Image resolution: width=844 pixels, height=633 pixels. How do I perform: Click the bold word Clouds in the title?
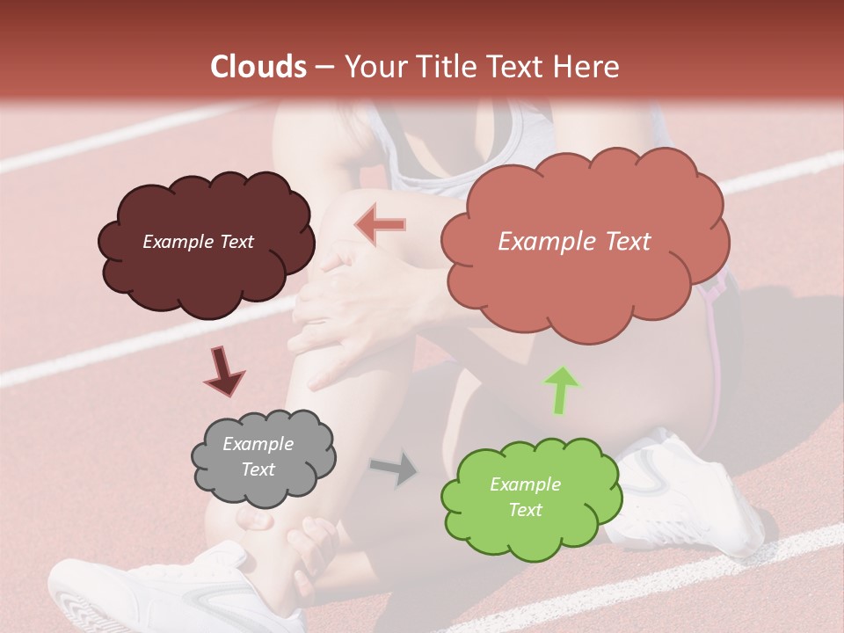click(258, 67)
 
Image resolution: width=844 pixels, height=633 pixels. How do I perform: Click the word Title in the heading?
click(443, 67)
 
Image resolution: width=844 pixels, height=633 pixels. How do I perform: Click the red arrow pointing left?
click(380, 226)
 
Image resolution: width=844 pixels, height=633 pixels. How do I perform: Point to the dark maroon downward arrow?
click(223, 370)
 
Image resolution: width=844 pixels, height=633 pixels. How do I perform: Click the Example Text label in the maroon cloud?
click(198, 242)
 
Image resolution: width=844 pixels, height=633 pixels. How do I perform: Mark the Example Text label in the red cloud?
click(574, 242)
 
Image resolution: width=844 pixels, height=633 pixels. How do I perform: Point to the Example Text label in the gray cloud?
click(258, 457)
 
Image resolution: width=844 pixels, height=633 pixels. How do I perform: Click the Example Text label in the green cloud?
click(525, 497)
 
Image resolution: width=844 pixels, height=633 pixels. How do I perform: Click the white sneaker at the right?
click(695, 501)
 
